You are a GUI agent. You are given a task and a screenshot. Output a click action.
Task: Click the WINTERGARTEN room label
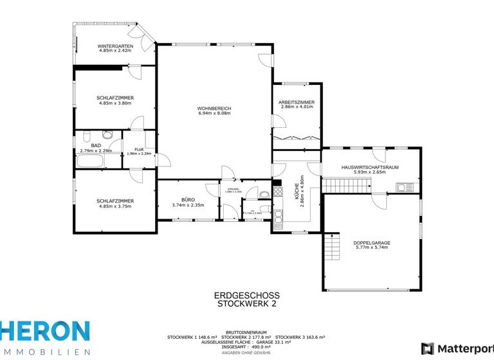tap(115, 46)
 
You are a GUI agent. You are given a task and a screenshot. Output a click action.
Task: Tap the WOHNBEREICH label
tap(214, 108)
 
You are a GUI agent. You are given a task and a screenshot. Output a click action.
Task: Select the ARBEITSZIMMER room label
tap(297, 102)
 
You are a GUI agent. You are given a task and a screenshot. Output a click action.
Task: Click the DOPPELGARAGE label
tap(372, 242)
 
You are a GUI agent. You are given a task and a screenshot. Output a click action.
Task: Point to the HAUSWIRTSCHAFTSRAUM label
tap(370, 167)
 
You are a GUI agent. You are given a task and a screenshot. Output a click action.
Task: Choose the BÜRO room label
tap(188, 200)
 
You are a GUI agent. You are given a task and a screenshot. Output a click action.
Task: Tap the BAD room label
tap(96, 146)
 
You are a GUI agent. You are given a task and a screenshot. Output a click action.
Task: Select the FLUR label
tap(138, 149)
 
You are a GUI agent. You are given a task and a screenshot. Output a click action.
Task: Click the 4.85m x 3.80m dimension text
tap(115, 103)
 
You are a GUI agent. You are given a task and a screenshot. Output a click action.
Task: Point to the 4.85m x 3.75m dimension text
tap(115, 206)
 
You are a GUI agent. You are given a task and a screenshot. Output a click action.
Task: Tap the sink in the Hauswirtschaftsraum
tap(405, 188)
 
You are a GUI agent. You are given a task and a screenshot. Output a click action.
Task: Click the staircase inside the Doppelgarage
tap(332, 246)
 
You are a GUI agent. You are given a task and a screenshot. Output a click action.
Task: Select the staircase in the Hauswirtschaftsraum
tap(347, 185)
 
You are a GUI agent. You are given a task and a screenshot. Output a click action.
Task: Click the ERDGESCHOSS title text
tap(246, 296)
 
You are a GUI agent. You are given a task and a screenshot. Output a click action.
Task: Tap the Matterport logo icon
tap(427, 348)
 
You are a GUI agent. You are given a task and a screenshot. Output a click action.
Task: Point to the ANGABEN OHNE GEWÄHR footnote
tap(246, 353)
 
